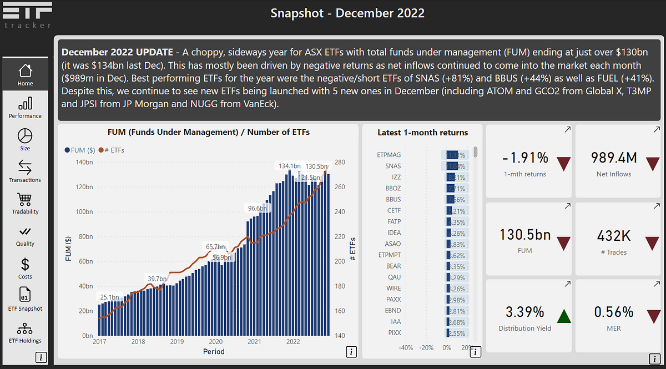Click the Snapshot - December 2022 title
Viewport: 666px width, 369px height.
347,13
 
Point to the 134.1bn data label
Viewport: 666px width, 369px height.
289,166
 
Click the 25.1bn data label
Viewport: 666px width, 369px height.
109,297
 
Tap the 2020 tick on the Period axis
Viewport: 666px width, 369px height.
215,342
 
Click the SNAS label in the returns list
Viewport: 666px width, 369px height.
393,166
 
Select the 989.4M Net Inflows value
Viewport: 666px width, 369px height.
613,158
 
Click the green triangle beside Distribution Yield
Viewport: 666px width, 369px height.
564,316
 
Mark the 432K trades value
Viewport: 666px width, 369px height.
613,236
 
